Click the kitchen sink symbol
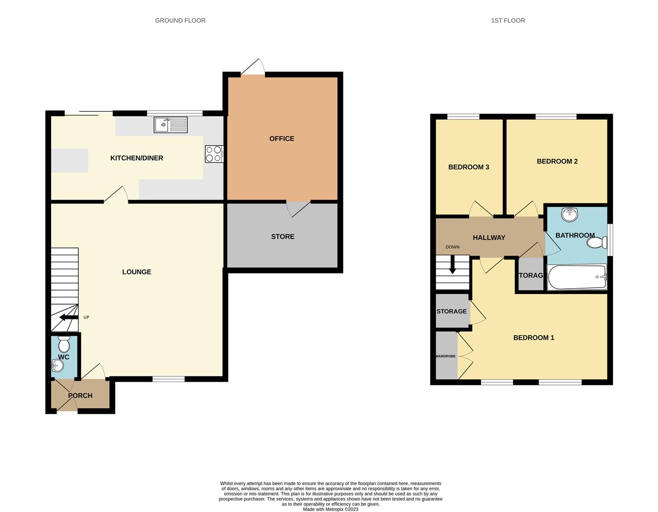(171, 125)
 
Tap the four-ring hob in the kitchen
(214, 154)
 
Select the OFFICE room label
(282, 138)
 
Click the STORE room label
(283, 237)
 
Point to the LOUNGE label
(137, 272)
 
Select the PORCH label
(80, 395)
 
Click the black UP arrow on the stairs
(68, 318)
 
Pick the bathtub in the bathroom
(577, 277)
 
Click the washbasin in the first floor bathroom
(569, 214)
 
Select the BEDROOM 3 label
(469, 167)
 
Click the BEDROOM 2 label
(557, 161)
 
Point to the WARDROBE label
(446, 356)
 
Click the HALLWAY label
(489, 238)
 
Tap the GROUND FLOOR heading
(180, 20)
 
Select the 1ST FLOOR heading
(508, 20)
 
